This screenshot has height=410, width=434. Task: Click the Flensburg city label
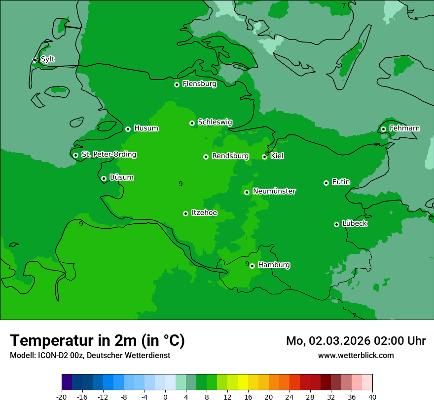199,84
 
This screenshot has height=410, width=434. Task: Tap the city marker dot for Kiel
265,157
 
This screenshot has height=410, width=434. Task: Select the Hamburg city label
274,265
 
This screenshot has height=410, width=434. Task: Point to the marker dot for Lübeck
336,224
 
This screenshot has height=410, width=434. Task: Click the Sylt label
47,59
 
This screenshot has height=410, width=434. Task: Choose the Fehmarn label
404,128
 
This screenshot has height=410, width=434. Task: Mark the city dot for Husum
128,129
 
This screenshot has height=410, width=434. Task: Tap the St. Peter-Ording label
108,155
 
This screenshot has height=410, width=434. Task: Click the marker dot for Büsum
104,179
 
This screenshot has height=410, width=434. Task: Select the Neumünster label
274,191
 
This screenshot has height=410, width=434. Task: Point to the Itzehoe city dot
185,213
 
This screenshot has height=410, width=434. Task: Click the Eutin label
341,182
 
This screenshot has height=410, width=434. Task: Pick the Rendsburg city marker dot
206,157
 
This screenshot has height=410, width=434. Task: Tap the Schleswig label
215,122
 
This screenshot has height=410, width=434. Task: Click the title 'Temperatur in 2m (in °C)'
97,340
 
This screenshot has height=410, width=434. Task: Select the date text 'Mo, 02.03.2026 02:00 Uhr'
356,341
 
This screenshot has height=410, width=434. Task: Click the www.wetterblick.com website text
356,355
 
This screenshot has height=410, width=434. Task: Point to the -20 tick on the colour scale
62,397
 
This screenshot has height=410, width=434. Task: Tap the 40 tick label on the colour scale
372,397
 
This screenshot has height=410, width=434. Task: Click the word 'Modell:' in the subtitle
23,356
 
